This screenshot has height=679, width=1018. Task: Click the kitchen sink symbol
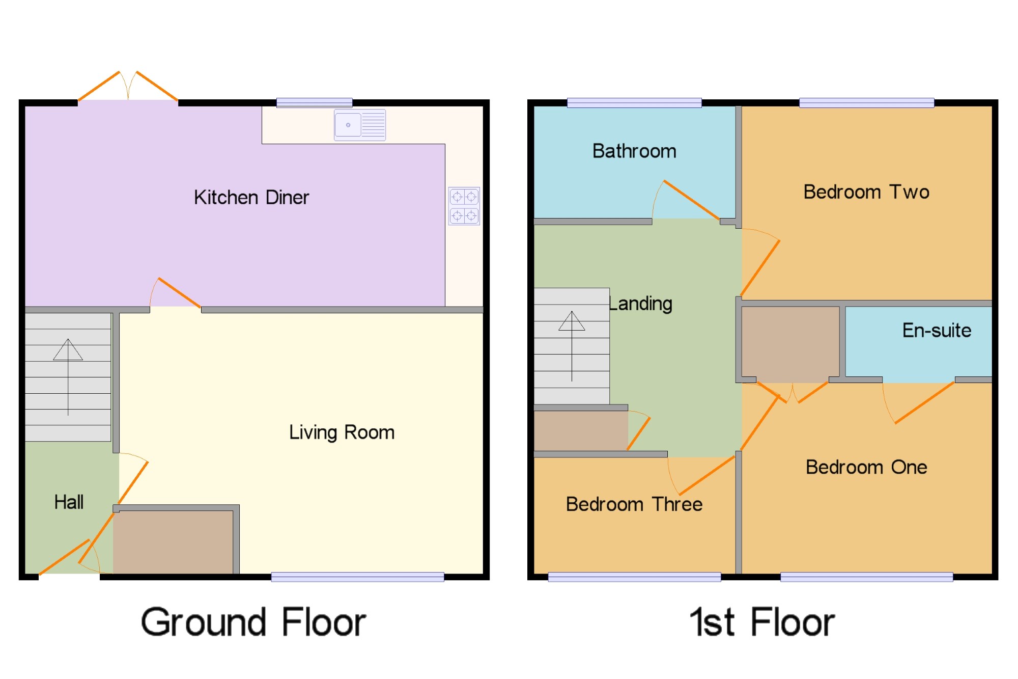360,125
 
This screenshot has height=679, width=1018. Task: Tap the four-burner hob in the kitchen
464,206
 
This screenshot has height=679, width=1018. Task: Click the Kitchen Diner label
251,198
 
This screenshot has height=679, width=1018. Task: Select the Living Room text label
342,432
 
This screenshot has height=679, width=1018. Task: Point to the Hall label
69,502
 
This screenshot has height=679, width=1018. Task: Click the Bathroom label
634,151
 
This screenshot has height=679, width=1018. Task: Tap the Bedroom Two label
866,192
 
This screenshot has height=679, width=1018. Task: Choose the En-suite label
937,331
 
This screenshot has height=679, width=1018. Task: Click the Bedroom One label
866,467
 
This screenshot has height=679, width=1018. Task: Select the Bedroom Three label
634,504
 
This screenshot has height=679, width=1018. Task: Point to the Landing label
641,304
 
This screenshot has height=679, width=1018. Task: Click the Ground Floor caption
253,622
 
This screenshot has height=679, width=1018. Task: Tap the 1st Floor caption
762,622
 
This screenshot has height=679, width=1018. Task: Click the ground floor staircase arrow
68,377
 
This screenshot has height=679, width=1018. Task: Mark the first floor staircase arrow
572,346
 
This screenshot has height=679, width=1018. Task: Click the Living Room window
357,577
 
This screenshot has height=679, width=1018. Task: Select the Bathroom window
634,103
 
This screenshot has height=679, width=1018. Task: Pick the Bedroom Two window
866,103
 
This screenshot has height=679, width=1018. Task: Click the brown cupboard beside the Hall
173,542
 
